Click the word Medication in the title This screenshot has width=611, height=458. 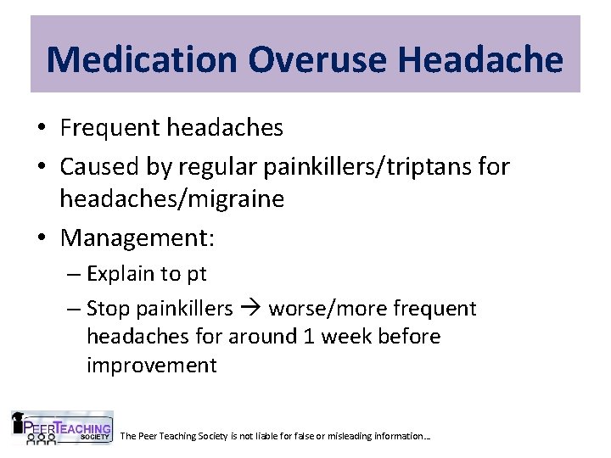[142, 59]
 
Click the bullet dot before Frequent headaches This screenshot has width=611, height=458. [42, 129]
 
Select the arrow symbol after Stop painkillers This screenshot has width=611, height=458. [250, 309]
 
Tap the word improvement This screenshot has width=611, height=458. [151, 366]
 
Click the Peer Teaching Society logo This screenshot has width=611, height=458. [62, 428]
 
